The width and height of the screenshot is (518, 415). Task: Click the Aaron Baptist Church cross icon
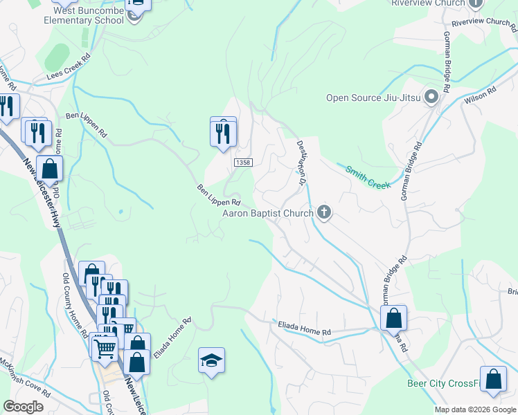(323, 212)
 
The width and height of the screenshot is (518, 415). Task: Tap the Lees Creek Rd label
(69, 67)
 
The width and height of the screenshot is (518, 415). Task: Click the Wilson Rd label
(482, 94)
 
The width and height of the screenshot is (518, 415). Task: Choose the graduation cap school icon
(211, 360)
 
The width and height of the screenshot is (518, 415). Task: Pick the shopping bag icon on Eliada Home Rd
(393, 318)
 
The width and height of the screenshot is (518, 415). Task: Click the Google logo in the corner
(23, 407)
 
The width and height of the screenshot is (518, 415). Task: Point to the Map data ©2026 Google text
(476, 409)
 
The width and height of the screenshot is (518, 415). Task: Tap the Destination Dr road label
(301, 163)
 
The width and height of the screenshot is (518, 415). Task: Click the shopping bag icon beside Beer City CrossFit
(493, 379)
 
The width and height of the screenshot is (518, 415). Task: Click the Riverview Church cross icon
(475, 3)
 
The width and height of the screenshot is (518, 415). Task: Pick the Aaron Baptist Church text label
(267, 214)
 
